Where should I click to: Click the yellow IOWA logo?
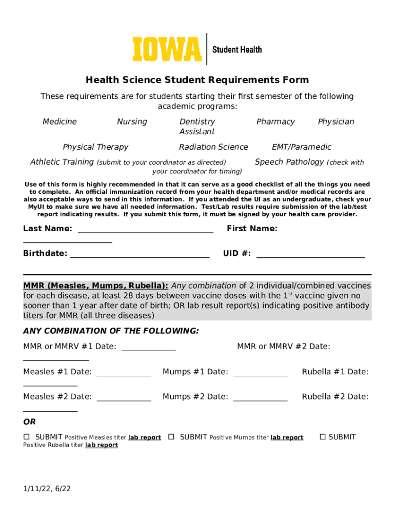click(167, 49)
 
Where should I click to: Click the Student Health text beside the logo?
click(237, 49)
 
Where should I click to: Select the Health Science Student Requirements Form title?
click(197, 80)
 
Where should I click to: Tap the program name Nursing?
click(132, 122)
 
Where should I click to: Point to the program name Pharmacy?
click(275, 122)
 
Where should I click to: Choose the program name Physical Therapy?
click(95, 147)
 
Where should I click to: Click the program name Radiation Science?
click(213, 147)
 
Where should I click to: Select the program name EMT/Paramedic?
click(302, 147)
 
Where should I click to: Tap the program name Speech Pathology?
click(289, 162)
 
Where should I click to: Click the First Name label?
click(252, 229)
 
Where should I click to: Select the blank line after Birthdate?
click(140, 256)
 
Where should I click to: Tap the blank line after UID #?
click(310, 256)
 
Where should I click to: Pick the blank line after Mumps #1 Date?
click(260, 375)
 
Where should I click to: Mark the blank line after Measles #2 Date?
click(124, 400)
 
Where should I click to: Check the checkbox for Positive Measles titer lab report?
click(27, 437)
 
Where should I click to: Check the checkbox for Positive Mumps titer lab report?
click(171, 437)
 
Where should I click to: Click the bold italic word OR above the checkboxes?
click(29, 422)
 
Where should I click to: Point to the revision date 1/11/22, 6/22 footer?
click(47, 489)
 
